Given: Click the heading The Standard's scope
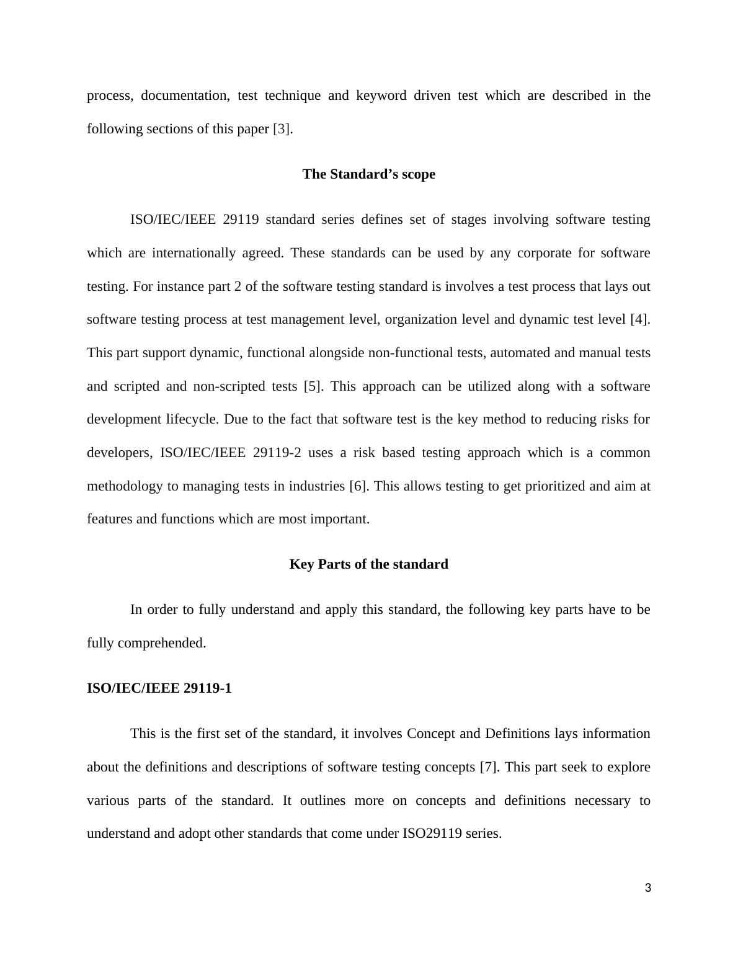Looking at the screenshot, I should [368, 174].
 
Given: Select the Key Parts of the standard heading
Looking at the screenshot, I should [368, 564].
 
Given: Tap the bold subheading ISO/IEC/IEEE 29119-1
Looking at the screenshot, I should [159, 688].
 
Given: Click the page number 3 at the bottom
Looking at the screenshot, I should [648, 888].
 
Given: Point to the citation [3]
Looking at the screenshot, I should [281, 129].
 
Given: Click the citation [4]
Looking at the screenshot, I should [639, 319].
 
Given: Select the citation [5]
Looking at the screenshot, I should [313, 386].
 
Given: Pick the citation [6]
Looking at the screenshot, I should [358, 486].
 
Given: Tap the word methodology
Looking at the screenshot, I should [124, 486].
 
